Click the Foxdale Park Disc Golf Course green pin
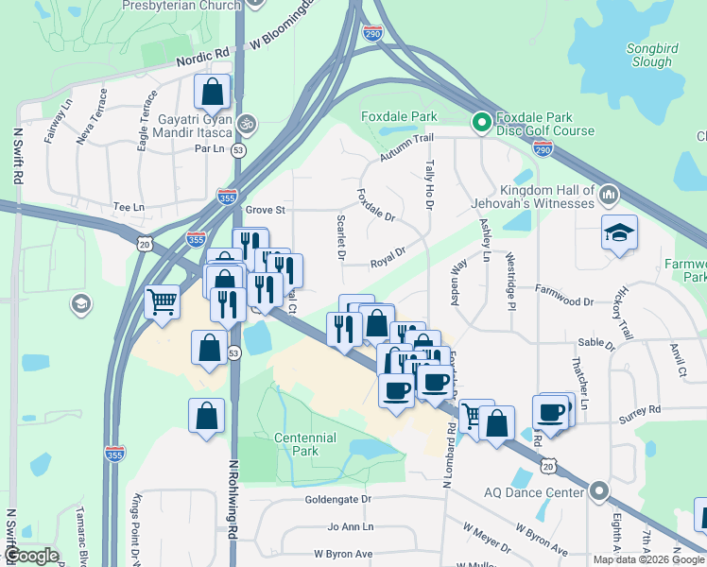point(480,121)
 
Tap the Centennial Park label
point(305,444)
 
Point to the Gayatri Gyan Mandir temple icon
point(247,123)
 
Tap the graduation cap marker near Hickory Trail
point(620,233)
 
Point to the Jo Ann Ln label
point(351,526)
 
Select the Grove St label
point(265,210)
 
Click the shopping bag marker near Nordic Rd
point(212,93)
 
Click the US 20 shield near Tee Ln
point(144,244)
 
